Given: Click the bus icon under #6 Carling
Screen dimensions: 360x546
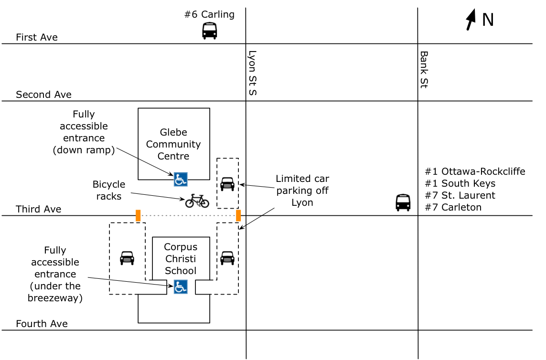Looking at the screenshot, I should click(209, 31).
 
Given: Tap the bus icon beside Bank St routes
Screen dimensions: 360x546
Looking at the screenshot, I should click(403, 202).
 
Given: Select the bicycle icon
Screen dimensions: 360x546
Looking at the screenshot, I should click(197, 201).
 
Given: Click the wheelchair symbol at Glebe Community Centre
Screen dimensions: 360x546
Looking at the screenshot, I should click(180, 180).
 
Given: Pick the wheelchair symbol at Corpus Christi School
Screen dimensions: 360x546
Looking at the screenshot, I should click(180, 287).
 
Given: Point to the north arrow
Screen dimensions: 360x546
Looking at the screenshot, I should click(471, 20).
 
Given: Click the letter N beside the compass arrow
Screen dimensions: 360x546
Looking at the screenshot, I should click(488, 20).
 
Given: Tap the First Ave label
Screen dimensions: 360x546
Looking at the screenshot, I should click(37, 37).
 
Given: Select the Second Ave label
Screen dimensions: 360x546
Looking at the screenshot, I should click(43, 95).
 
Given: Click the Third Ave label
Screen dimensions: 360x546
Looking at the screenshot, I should click(39, 209).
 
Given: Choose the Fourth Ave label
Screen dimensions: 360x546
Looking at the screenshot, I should click(42, 324).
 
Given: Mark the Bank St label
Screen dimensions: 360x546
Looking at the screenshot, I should click(424, 70).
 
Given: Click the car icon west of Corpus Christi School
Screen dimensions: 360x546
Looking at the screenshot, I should click(127, 258).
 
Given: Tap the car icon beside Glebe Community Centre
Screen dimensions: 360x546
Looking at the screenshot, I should click(227, 183).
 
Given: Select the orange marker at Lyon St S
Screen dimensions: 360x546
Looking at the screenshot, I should click(238, 216).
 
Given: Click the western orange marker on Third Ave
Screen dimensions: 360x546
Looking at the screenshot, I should click(138, 216).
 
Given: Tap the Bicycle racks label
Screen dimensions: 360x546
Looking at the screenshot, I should click(109, 190).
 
